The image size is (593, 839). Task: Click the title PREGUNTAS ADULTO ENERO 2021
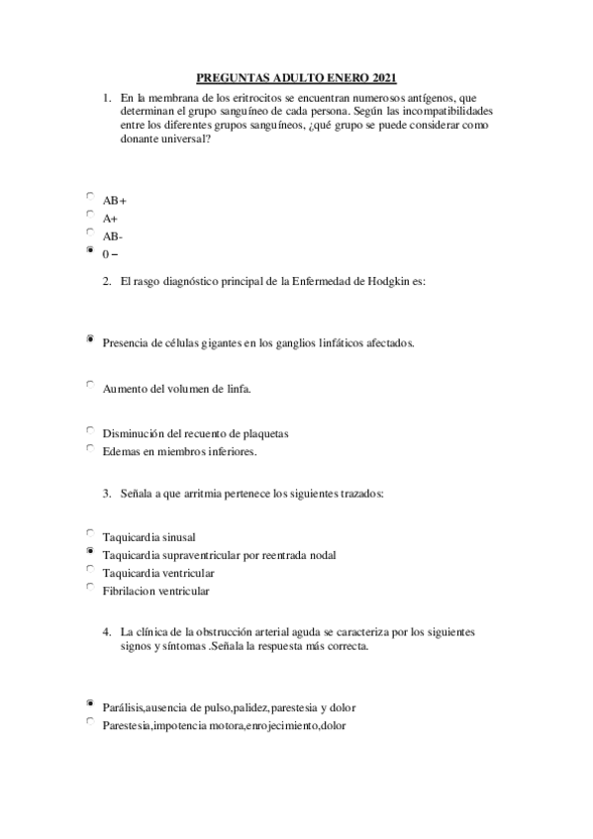point(297,77)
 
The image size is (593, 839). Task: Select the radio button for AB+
point(90,197)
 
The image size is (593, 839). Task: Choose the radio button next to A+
point(90,215)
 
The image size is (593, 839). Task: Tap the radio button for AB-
point(90,233)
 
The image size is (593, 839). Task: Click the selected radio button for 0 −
point(90,251)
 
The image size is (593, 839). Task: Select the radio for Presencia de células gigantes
point(90,339)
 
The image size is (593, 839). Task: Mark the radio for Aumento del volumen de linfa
point(90,385)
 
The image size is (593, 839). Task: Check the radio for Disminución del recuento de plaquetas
point(90,430)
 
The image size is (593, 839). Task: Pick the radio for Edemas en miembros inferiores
point(90,448)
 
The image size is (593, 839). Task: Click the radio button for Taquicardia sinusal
point(90,533)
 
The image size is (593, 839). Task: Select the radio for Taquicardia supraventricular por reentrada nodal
point(90,551)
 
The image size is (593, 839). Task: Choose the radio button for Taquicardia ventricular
point(90,569)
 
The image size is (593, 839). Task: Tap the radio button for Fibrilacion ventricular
point(90,588)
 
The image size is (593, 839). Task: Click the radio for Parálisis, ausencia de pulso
point(90,703)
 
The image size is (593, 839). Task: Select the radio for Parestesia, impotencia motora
point(90,721)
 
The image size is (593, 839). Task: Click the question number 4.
point(106,630)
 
